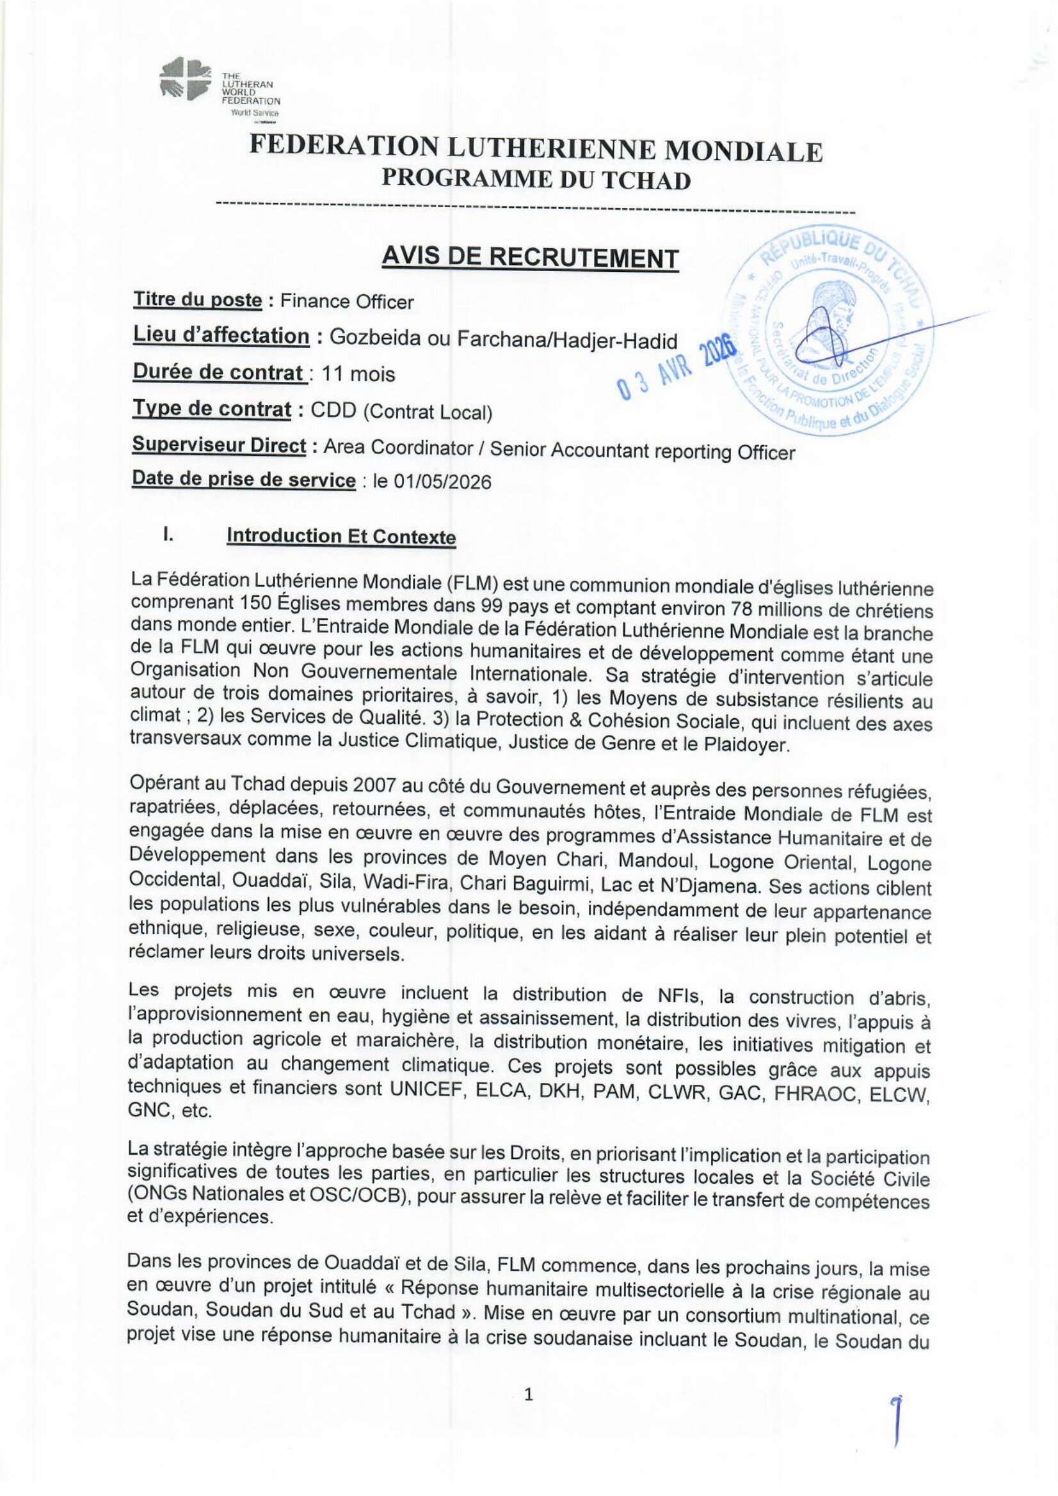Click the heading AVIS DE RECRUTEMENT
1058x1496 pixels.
pos(530,258)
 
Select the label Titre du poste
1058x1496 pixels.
pos(198,301)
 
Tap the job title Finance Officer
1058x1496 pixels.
pos(346,302)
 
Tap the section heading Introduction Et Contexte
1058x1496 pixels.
pos(341,537)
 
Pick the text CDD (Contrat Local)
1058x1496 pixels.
pos(401,412)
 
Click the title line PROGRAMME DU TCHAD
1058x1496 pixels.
pos(536,180)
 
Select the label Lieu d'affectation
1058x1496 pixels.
pos(221,336)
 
